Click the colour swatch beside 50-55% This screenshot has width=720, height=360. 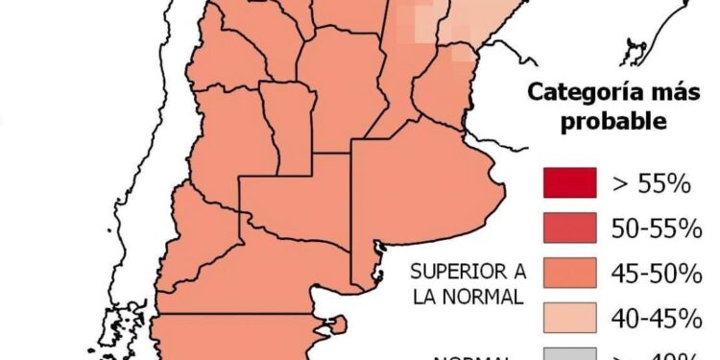569,228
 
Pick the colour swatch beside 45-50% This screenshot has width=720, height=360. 569,273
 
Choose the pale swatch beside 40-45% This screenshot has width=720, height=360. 569,317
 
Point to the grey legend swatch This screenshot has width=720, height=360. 569,353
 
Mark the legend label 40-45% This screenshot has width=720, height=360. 657,318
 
